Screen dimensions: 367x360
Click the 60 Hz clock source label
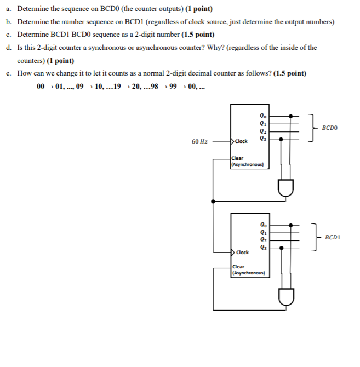coord(199,141)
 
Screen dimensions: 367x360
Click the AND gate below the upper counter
coord(286,188)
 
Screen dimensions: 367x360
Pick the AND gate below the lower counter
coord(286,297)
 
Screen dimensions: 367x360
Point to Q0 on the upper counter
coord(265,116)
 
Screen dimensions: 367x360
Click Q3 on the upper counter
coord(265,138)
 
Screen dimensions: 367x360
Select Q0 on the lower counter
coord(265,225)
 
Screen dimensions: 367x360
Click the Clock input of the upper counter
coord(242,141)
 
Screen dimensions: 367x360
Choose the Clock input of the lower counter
coord(242,252)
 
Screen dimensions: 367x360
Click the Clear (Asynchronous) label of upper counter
coord(248,161)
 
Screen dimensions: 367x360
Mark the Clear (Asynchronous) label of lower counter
coord(248,269)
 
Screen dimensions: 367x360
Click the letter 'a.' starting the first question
coord(9,9)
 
